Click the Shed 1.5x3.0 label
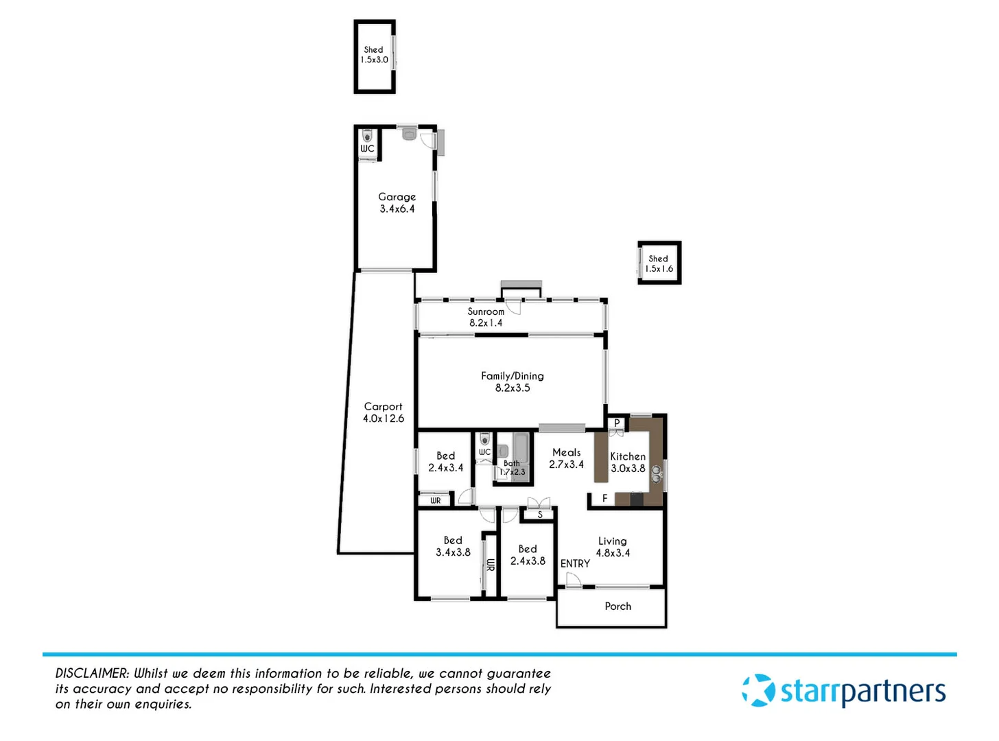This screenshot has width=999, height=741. pyautogui.click(x=374, y=55)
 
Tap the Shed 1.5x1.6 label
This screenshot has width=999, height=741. pyautogui.click(x=659, y=263)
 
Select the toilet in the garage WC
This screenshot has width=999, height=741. pyautogui.click(x=366, y=134)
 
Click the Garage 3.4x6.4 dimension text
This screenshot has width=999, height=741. pyautogui.click(x=397, y=209)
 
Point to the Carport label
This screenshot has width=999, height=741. pyautogui.click(x=383, y=407)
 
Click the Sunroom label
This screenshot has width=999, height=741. pyautogui.click(x=486, y=311)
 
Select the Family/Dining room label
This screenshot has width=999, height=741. pyautogui.click(x=512, y=376)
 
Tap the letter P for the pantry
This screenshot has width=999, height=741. pyautogui.click(x=617, y=423)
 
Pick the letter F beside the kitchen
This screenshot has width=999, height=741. pyautogui.click(x=604, y=499)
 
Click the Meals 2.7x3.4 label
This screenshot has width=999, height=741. pyautogui.click(x=566, y=458)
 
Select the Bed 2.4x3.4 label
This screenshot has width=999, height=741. pyautogui.click(x=445, y=462)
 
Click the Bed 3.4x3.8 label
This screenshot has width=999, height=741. pyautogui.click(x=453, y=546)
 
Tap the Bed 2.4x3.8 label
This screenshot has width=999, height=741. pyautogui.click(x=528, y=555)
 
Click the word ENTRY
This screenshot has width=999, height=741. pyautogui.click(x=575, y=563)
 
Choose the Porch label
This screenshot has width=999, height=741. pyautogui.click(x=618, y=607)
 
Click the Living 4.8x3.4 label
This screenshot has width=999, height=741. pyautogui.click(x=612, y=547)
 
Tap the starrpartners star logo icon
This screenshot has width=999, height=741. pyautogui.click(x=758, y=690)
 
